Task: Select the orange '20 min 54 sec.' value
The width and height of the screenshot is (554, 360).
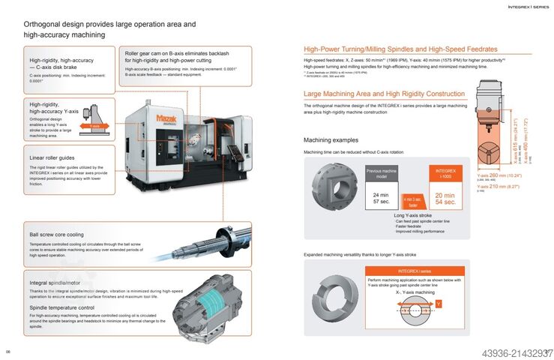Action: coord(446,198)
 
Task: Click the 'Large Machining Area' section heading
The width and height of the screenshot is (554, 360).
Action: coord(384,94)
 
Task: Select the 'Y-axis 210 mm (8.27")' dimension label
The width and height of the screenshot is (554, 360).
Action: coord(499,186)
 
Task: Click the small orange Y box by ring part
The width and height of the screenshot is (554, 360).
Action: coord(439,304)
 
